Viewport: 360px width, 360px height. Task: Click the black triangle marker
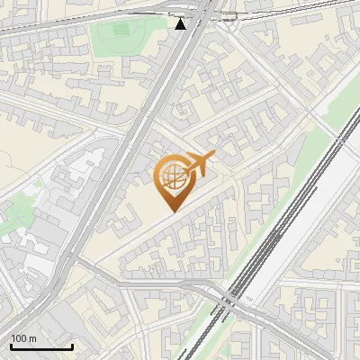pyautogui.click(x=181, y=23)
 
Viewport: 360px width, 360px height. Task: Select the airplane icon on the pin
pyautogui.click(x=199, y=165)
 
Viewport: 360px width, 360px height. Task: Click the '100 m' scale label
pyautogui.click(x=23, y=337)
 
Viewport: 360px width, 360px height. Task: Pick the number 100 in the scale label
pyautogui.click(x=19, y=337)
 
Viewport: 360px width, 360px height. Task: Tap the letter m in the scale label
pyautogui.click(x=32, y=337)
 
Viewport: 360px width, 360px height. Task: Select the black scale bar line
pyautogui.click(x=41, y=346)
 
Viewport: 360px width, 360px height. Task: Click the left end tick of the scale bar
pyautogui.click(x=11, y=345)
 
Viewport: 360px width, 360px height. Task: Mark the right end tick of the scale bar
pyautogui.click(x=72, y=345)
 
